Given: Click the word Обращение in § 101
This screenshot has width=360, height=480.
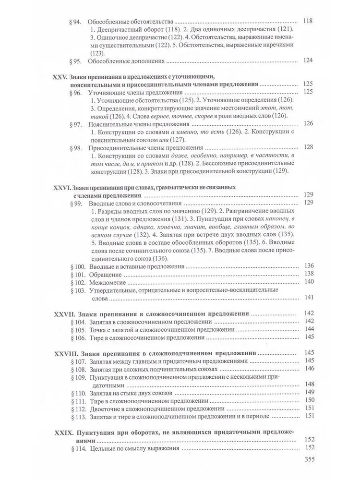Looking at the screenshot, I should click(x=107, y=275).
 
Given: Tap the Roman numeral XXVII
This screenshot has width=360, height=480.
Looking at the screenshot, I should click(x=61, y=314).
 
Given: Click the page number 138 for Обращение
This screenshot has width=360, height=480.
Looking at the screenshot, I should click(x=309, y=274).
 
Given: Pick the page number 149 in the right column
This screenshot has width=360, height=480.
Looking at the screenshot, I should click(x=309, y=392).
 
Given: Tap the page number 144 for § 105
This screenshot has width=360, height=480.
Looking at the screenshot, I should click(x=309, y=329).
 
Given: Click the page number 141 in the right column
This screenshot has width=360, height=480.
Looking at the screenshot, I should click(x=309, y=298).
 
